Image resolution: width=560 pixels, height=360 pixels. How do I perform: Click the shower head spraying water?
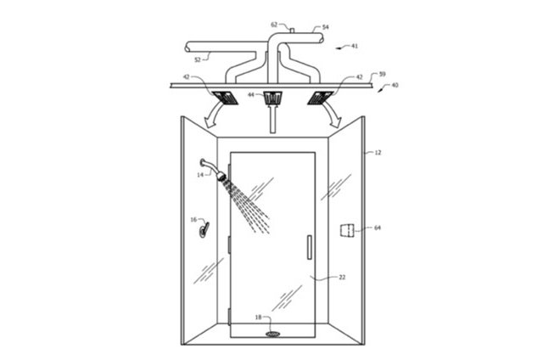[x=221, y=176]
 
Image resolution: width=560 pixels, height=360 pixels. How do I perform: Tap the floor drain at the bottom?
[x=272, y=334]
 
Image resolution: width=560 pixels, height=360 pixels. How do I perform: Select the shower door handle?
[x=310, y=247]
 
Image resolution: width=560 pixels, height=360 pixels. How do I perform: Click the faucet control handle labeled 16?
[x=204, y=229]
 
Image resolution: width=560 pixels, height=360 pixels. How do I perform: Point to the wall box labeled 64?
[x=346, y=230]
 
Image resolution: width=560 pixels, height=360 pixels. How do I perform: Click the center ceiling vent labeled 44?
[x=272, y=98]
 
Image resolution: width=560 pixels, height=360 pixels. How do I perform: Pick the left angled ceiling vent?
[x=225, y=98]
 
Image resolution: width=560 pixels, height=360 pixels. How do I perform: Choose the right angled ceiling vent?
[x=321, y=98]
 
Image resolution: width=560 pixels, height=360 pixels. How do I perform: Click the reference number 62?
[x=274, y=25]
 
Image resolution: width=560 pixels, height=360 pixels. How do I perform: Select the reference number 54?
[x=325, y=27]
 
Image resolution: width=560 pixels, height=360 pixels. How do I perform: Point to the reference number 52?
[x=198, y=60]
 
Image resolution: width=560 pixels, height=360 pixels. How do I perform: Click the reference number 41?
[x=355, y=46]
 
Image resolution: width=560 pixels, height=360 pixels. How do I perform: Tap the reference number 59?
[x=382, y=75]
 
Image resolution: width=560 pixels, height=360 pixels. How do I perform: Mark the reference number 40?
[x=395, y=85]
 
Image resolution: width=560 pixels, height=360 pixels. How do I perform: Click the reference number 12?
[x=378, y=153]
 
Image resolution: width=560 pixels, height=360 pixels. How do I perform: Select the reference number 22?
[x=342, y=277]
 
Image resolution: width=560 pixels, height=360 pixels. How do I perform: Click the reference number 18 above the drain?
[x=259, y=317]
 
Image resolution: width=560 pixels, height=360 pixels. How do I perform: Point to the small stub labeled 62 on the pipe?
[x=291, y=31]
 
